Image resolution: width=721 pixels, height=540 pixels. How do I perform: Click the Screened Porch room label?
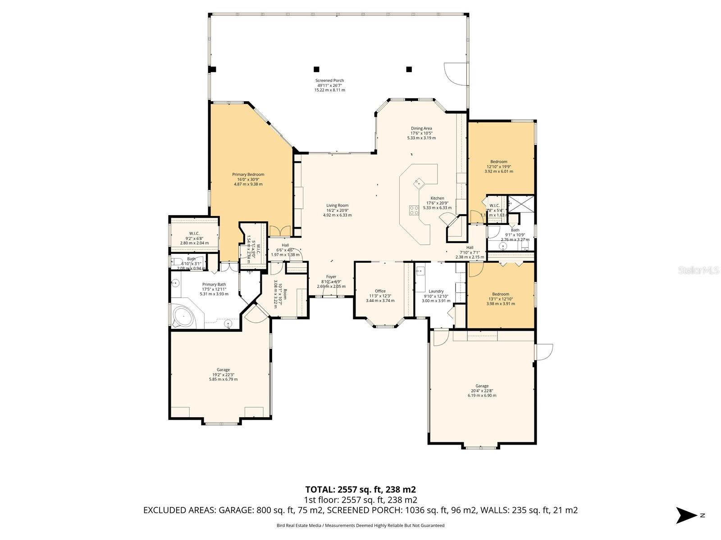(x=329, y=85)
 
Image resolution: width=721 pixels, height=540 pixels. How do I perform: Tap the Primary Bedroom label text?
(x=248, y=179)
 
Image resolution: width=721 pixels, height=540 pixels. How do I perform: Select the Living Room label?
(x=337, y=210)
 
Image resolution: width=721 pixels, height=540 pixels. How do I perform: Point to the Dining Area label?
(x=421, y=133)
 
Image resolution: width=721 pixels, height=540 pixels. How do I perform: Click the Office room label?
(x=380, y=296)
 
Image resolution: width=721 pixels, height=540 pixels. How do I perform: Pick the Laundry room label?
(x=436, y=296)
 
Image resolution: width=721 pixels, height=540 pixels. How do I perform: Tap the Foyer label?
(x=331, y=281)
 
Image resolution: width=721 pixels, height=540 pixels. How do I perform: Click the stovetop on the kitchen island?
(x=414, y=210)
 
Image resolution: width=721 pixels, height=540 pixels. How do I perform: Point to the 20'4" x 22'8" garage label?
(x=482, y=391)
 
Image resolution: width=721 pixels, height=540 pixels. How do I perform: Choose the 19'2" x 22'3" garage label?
(x=223, y=374)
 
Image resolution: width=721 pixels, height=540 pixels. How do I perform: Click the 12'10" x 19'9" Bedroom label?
(x=498, y=166)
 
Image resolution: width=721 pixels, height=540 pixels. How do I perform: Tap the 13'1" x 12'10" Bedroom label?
(x=500, y=299)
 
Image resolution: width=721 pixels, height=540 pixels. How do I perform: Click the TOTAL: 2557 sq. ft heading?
(x=360, y=490)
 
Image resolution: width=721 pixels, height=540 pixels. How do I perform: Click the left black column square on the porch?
(x=316, y=69)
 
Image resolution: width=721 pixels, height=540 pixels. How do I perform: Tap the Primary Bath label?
(x=214, y=289)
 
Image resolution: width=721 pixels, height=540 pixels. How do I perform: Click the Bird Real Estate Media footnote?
(x=360, y=525)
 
